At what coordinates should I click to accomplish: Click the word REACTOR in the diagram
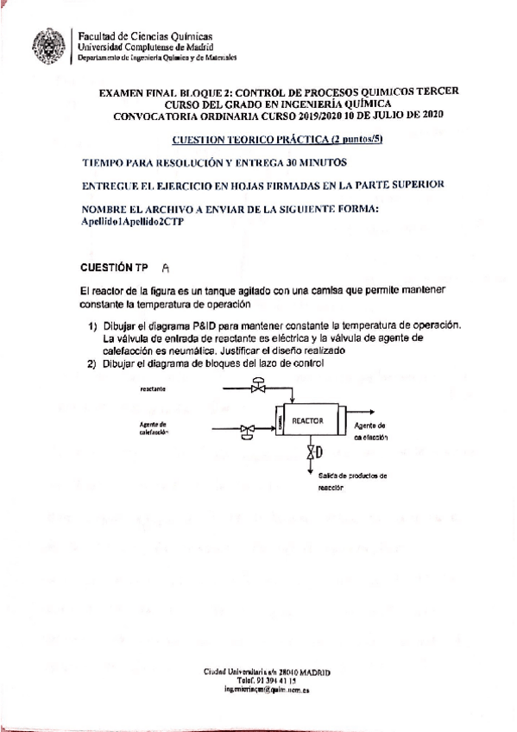pyautogui.click(x=307, y=420)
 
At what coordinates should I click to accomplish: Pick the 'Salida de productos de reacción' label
pyautogui.click(x=351, y=480)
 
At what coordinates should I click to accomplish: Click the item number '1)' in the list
pyautogui.click(x=91, y=325)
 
